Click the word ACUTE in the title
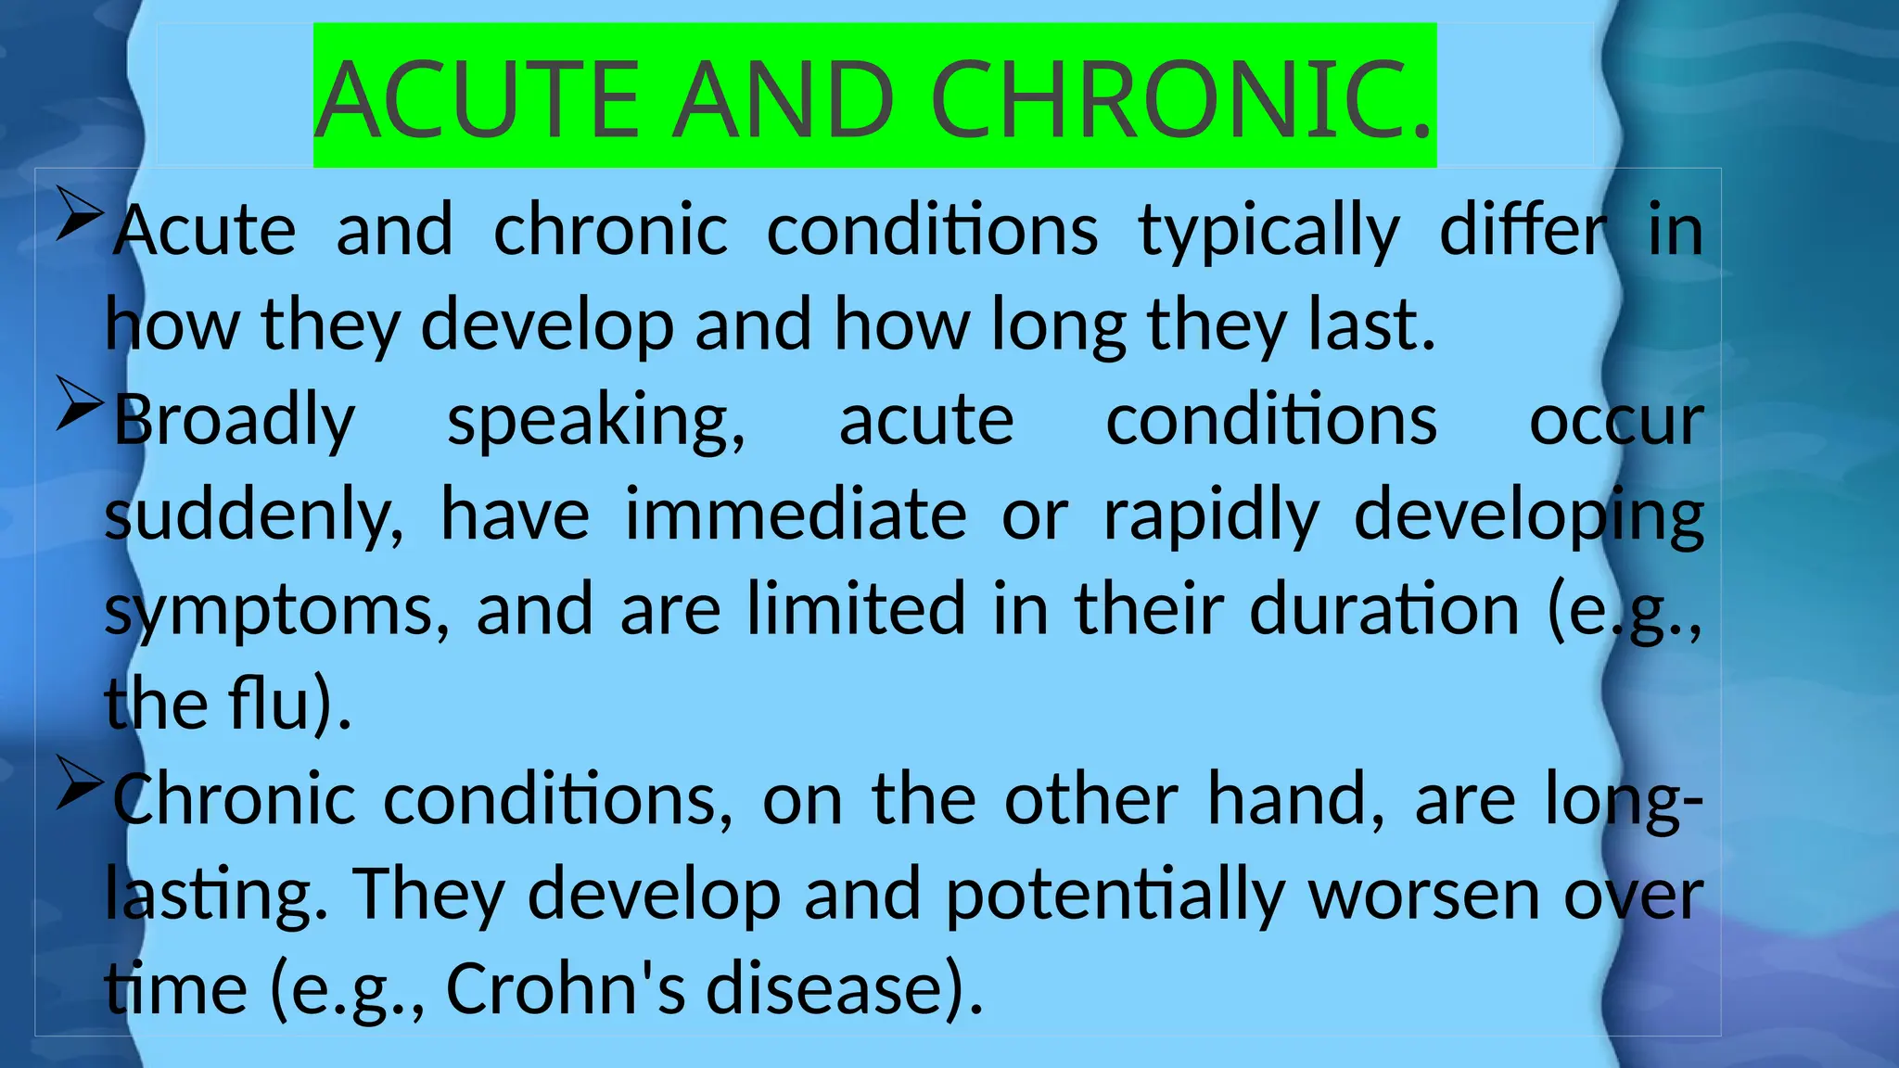tap(478, 100)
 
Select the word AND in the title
tap(784, 100)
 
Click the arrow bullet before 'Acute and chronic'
tap(80, 214)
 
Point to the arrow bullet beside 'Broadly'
tap(80, 403)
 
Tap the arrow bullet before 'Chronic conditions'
tap(80, 782)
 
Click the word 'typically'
tap(1268, 232)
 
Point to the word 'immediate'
tap(796, 515)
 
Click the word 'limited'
tap(857, 609)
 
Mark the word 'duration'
tap(1384, 609)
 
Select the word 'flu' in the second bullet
tap(268, 704)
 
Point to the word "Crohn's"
tap(566, 988)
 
